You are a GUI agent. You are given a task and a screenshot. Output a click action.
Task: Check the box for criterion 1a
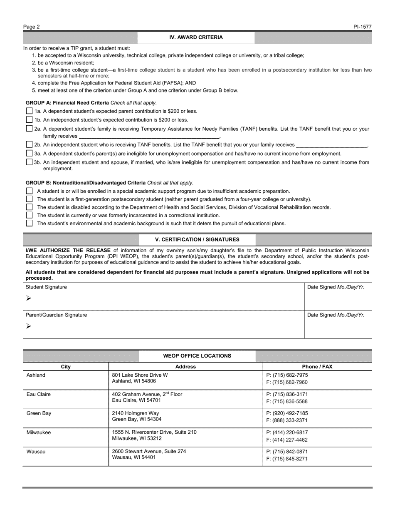click(x=29, y=111)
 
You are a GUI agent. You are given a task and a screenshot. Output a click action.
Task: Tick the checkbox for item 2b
click(x=29, y=144)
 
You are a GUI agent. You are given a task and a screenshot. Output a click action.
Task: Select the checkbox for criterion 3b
click(x=29, y=162)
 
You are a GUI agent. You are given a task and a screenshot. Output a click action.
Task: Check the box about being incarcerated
click(x=29, y=215)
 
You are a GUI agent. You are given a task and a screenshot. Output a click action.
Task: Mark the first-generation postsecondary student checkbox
click(x=29, y=199)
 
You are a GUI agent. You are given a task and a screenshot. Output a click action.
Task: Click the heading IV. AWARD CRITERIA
click(x=196, y=37)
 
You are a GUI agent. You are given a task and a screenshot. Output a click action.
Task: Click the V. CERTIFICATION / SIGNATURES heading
click(x=197, y=240)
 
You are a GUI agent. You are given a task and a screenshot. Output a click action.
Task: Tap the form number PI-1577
click(x=363, y=27)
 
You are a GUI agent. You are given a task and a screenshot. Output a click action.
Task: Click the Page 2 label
click(x=32, y=27)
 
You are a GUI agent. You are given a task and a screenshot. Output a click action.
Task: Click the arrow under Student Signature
click(x=28, y=298)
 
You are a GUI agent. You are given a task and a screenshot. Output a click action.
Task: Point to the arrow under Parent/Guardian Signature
click(x=28, y=326)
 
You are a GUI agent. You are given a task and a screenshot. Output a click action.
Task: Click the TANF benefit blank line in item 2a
click(x=149, y=137)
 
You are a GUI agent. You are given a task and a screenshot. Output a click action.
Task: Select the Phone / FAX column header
click(x=317, y=367)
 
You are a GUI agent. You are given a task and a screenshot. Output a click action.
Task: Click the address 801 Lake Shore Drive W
click(x=140, y=375)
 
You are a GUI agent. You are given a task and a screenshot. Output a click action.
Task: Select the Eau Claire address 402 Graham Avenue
click(x=147, y=394)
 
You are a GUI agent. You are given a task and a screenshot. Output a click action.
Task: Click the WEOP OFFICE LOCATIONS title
click(x=197, y=356)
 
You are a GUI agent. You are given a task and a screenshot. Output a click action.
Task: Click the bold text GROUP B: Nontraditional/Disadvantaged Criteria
click(x=86, y=183)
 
